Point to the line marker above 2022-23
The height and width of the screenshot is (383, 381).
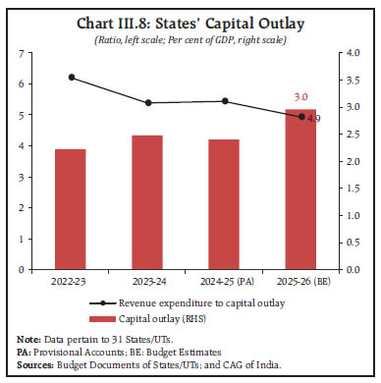(71, 77)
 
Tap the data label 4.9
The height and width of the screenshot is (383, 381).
(314, 119)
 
